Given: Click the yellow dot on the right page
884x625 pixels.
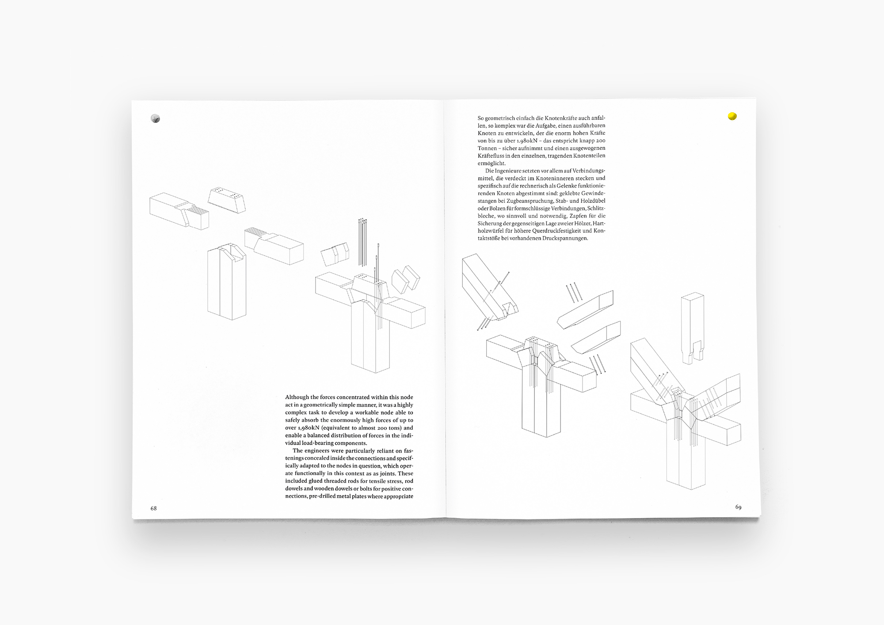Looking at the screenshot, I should pyautogui.click(x=732, y=116).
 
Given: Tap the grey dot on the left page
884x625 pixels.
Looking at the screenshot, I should pyautogui.click(x=155, y=118).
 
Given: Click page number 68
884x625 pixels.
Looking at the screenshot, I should pyautogui.click(x=153, y=508).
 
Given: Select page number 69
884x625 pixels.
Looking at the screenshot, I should pyautogui.click(x=738, y=507).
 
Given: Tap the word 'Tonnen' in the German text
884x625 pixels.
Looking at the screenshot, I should pyautogui.click(x=487, y=148).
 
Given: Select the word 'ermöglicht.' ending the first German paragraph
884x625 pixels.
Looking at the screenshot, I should pyautogui.click(x=492, y=163).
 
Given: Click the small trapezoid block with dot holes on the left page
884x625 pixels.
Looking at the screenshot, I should pyautogui.click(x=227, y=200).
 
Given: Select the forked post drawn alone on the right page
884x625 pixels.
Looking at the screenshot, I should pyautogui.click(x=692, y=327).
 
